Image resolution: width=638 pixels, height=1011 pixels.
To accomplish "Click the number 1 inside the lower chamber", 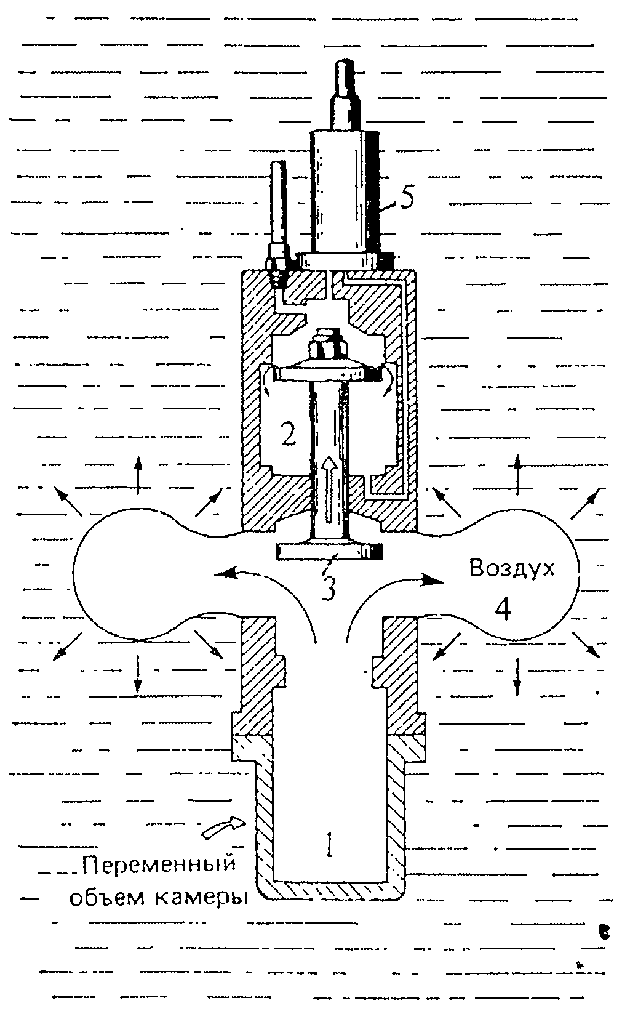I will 330,845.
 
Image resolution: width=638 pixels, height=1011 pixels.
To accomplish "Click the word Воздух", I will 512,567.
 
